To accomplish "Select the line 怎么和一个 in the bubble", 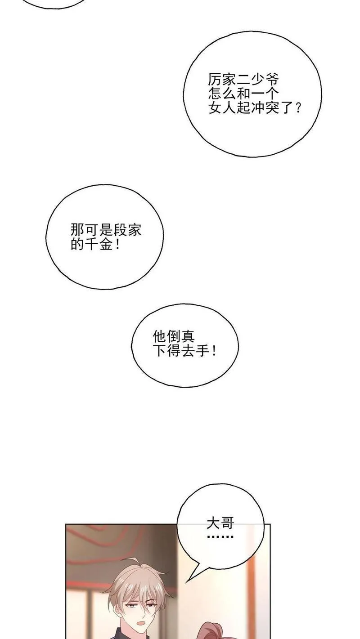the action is click(243, 94).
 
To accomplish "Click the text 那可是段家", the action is click(106, 230).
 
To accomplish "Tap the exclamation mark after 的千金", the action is click(118, 244).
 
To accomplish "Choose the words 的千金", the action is click(92, 244).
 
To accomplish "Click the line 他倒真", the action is click(174, 337).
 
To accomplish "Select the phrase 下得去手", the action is click(181, 351).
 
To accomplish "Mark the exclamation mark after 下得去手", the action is click(214, 351).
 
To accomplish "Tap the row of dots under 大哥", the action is click(220, 536).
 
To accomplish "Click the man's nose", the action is click(140, 611).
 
